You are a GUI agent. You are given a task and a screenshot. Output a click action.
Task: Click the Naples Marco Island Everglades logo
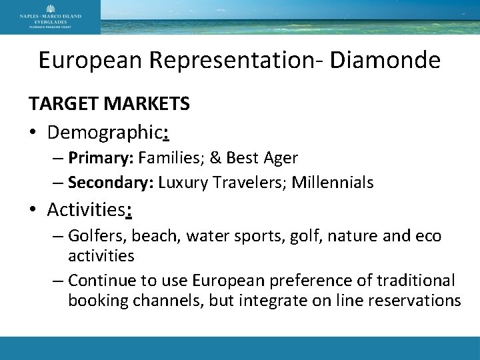[50, 16]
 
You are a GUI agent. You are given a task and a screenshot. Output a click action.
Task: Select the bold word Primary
[94, 158]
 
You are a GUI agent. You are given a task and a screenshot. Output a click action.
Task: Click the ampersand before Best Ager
[219, 158]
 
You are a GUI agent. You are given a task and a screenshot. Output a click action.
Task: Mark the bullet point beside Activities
[32, 210]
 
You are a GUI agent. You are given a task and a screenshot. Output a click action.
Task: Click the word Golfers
[97, 236]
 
